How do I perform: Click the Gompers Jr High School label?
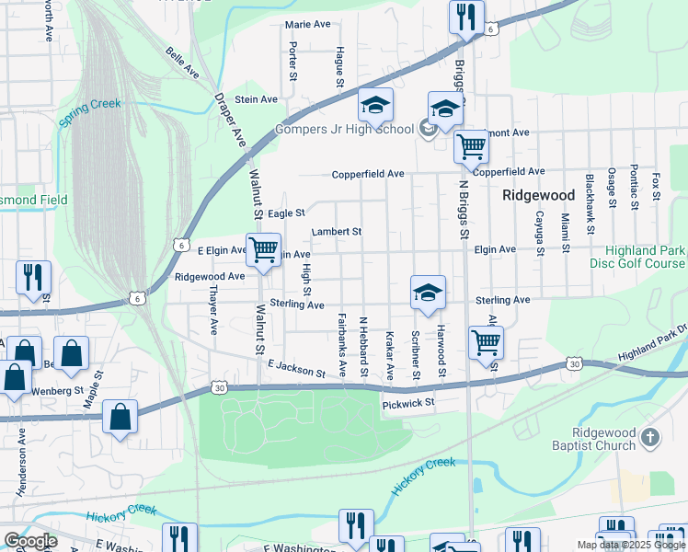click(x=344, y=129)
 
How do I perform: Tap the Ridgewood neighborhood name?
click(x=538, y=195)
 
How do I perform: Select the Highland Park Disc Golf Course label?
click(x=643, y=258)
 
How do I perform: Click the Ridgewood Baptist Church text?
click(x=602, y=439)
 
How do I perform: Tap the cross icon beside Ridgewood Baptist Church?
click(x=650, y=439)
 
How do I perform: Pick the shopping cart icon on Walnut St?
click(x=264, y=249)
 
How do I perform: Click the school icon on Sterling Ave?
click(x=428, y=293)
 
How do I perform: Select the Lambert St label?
click(x=336, y=232)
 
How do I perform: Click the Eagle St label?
click(x=286, y=213)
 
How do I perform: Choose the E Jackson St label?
click(x=296, y=370)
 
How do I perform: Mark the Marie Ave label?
click(x=307, y=24)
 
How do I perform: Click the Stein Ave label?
click(x=257, y=99)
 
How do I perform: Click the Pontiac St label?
click(x=634, y=187)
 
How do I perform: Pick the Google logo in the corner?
click(x=30, y=540)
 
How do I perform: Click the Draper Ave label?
click(x=231, y=120)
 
